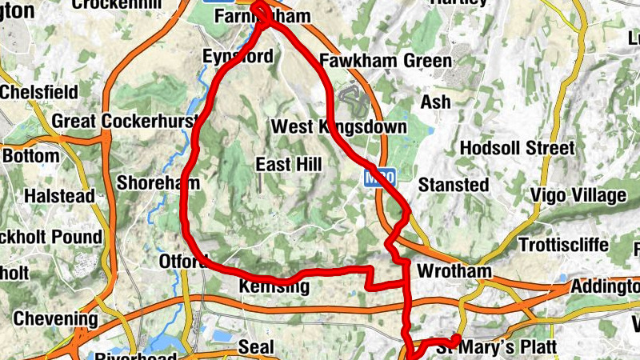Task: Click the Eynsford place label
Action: [238, 57]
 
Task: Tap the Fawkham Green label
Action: [385, 61]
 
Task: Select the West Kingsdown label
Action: [339, 127]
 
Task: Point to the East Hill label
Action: [288, 165]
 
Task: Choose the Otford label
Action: [178, 262]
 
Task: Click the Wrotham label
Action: [454, 272]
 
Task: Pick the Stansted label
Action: [454, 185]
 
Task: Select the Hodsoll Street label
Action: [518, 148]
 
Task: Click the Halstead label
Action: [59, 195]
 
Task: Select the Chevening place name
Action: [55, 320]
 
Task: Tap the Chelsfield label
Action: [38, 91]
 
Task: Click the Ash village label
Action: [436, 102]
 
